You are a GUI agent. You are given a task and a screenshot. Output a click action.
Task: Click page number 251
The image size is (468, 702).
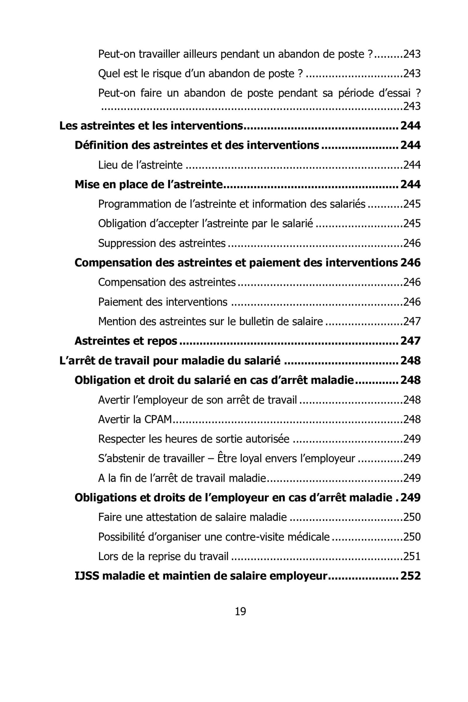(412, 556)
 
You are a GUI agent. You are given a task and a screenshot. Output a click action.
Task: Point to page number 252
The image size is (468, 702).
(410, 575)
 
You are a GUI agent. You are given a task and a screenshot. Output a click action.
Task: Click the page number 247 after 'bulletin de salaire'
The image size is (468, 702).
(412, 321)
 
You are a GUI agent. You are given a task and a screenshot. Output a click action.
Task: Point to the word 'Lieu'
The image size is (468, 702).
(108, 165)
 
